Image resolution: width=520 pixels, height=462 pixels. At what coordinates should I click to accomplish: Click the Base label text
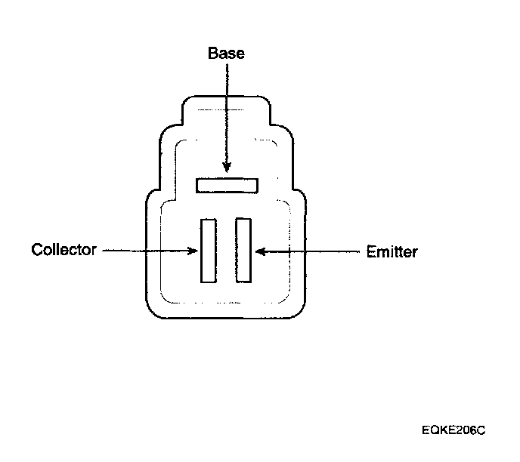227,54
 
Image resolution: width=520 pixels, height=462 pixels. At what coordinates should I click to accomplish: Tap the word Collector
64,250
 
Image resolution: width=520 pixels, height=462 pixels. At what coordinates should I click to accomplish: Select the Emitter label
392,251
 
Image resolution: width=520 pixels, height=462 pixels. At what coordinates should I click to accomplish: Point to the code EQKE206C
453,430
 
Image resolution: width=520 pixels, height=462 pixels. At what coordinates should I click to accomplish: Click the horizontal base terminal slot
227,185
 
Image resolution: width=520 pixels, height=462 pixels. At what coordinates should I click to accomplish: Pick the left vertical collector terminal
208,250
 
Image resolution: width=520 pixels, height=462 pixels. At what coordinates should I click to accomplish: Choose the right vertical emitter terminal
243,250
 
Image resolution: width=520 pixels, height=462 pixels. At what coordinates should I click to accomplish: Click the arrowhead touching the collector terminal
193,250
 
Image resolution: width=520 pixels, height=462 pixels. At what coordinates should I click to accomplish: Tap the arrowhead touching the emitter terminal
258,251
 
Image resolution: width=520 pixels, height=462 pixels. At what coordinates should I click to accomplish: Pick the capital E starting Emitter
370,251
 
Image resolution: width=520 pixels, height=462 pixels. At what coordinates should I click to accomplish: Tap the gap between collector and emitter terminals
225,250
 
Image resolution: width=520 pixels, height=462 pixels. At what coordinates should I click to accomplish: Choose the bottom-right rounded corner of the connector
300,311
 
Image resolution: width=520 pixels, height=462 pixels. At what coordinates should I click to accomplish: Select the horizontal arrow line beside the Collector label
144,250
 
